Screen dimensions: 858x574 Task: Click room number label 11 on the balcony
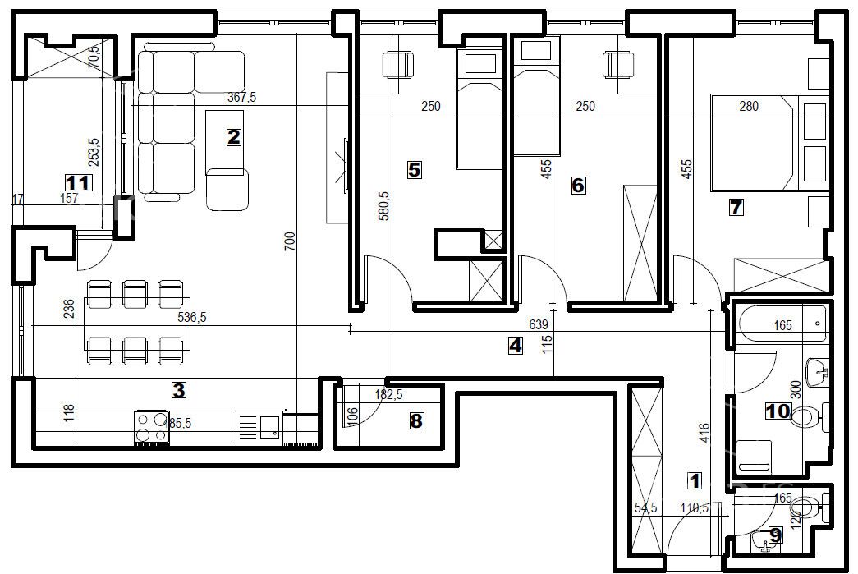78,181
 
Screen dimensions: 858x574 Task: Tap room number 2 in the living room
234,137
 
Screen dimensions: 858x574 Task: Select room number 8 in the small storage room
416,420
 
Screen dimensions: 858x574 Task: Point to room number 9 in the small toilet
774,535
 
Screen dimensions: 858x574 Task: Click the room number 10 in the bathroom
778,411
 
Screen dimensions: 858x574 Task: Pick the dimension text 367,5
242,98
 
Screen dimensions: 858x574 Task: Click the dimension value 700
290,241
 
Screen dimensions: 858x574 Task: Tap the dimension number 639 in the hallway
539,324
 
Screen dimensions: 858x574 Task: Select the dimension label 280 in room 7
749,106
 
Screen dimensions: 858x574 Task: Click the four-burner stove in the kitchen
152,429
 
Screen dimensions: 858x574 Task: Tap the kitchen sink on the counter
268,427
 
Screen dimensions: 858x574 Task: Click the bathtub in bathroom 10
782,325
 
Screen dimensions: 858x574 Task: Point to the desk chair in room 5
397,65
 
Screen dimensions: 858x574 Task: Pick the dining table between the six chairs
137,324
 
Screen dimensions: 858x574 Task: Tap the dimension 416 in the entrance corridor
704,434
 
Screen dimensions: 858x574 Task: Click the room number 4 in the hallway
516,346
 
